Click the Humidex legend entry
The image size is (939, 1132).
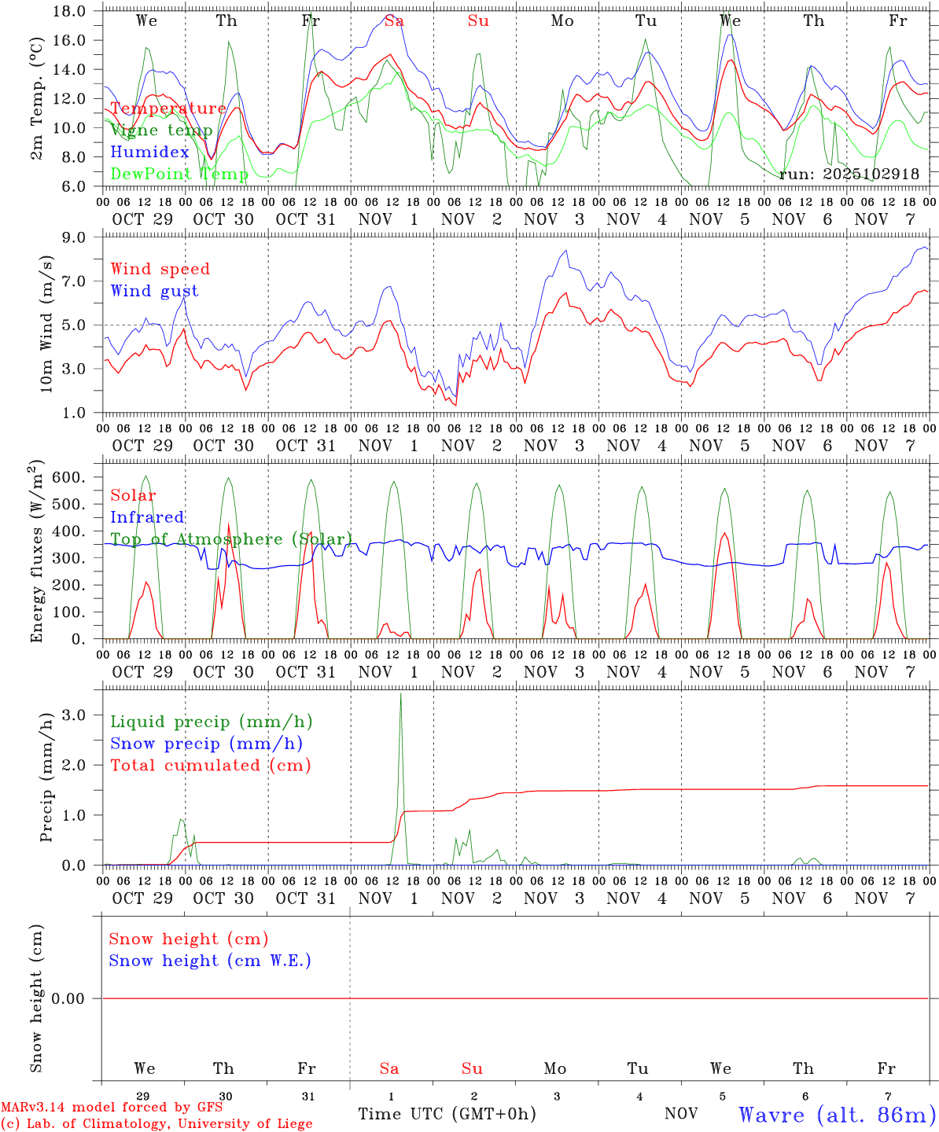click(x=149, y=152)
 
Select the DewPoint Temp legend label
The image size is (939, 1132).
click(x=179, y=174)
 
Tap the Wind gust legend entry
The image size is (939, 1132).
click(x=154, y=291)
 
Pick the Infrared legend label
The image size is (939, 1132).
click(x=147, y=517)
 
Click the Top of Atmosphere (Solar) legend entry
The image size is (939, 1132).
click(x=230, y=539)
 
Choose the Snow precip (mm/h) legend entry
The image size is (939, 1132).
click(x=206, y=744)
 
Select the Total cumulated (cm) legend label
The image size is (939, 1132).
click(x=210, y=766)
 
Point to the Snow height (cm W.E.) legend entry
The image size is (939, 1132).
click(x=210, y=961)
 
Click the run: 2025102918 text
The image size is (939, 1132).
click(x=849, y=174)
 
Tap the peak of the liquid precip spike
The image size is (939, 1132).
click(x=400, y=694)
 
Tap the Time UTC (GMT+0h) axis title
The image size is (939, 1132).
click(x=447, y=1114)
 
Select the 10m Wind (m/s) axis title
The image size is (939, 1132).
click(x=46, y=324)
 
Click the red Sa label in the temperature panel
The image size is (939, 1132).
click(x=394, y=21)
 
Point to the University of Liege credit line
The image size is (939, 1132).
click(x=156, y=1124)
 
